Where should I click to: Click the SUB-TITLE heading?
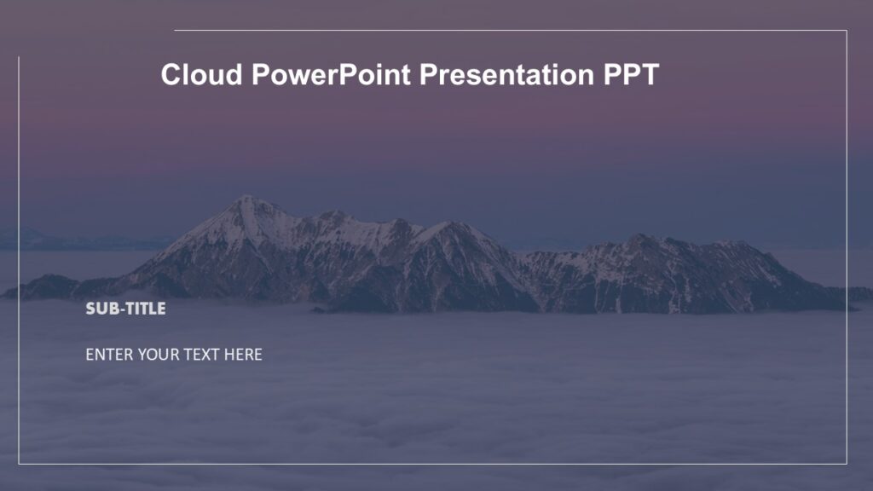(125, 309)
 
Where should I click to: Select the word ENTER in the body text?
(109, 355)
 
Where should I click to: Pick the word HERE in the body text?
(243, 355)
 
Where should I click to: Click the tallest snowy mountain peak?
(246, 200)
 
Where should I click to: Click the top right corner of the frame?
(847, 31)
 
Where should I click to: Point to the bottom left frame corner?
(19, 464)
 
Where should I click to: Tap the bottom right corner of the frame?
(847, 464)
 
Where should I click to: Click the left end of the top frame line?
(176, 31)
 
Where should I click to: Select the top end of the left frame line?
(19, 58)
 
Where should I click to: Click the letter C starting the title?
(171, 75)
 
